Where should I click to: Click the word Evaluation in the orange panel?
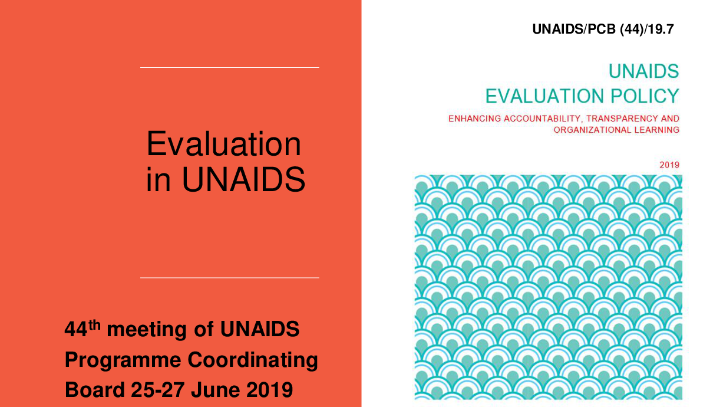(224, 143)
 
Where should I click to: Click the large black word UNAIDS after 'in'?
(243, 179)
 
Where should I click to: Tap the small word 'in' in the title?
(158, 179)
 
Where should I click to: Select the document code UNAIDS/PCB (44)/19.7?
(603, 29)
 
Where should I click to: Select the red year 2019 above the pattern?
(669, 165)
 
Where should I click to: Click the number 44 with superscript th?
(82, 329)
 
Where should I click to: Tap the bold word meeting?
(147, 330)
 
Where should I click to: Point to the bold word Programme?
(123, 360)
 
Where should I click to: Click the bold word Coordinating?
(253, 360)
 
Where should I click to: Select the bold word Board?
(95, 389)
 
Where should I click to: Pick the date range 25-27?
(157, 389)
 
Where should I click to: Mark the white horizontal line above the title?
(229, 67)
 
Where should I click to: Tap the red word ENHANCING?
(474, 119)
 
